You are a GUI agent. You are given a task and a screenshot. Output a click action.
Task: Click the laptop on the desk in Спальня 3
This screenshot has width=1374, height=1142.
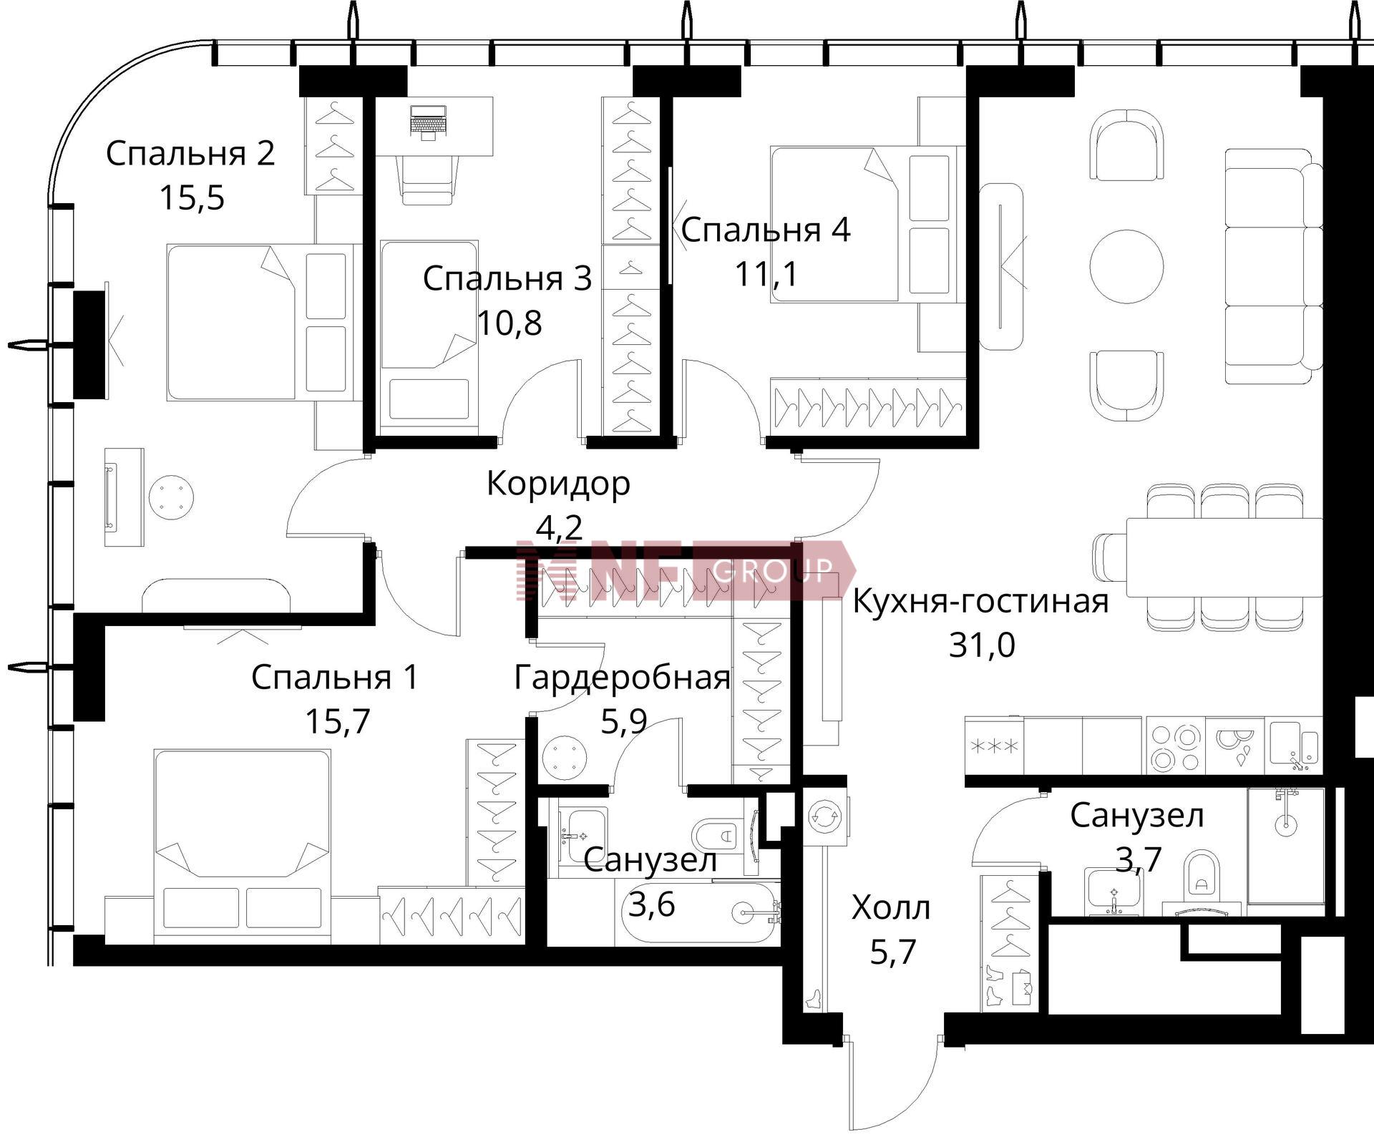click(x=429, y=121)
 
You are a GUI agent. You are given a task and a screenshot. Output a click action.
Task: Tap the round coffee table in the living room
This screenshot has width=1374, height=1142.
click(x=1126, y=265)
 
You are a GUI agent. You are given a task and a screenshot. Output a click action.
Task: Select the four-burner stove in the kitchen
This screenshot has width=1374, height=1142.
click(x=1175, y=747)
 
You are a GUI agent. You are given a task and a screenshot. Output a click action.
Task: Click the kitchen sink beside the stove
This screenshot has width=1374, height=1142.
click(x=1295, y=746)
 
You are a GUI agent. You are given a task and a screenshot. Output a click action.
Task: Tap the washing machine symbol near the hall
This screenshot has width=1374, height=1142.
click(x=824, y=815)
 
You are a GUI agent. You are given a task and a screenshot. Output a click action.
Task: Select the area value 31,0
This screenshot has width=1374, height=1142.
click(x=982, y=645)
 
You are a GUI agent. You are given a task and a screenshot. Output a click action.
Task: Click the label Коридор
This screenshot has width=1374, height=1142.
click(x=558, y=484)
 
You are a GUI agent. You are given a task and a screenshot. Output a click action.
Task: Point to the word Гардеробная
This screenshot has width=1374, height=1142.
click(x=623, y=678)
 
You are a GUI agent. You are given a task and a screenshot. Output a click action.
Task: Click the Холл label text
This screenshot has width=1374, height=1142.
click(x=892, y=908)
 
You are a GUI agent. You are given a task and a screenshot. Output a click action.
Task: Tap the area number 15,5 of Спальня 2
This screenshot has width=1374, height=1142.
click(x=192, y=197)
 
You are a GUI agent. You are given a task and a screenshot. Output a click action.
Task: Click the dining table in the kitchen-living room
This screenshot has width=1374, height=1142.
click(x=1224, y=557)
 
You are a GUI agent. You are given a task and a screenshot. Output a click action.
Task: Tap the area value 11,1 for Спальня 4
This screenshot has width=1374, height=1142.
click(x=767, y=274)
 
